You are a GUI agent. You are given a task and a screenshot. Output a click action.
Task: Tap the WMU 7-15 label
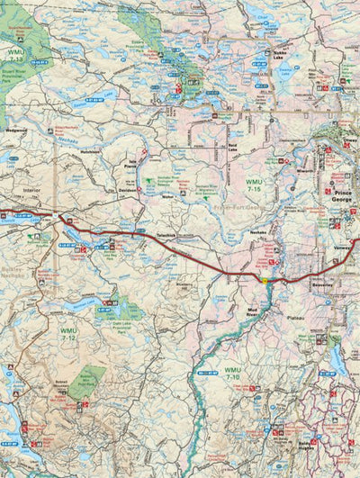point(255,185)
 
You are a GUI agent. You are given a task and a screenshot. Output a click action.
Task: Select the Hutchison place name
point(88,154)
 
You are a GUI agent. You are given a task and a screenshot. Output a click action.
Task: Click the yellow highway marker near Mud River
point(265,279)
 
